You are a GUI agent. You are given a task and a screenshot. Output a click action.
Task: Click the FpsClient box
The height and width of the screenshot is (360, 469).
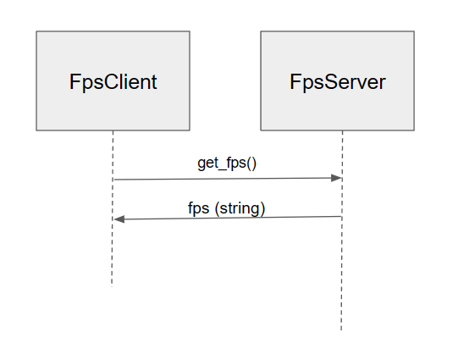[x=113, y=81]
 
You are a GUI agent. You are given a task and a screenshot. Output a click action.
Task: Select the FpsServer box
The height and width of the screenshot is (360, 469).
[x=337, y=81]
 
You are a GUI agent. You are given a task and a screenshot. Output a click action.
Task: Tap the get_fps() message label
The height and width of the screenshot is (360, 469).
[x=227, y=163]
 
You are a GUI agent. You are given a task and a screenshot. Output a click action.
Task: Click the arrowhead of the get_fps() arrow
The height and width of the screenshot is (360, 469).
[x=337, y=178]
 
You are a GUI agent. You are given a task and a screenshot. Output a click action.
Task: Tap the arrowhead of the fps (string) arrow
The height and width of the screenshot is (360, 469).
[x=119, y=219]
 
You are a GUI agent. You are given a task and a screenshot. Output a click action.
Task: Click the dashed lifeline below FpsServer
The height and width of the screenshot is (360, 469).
[x=342, y=271]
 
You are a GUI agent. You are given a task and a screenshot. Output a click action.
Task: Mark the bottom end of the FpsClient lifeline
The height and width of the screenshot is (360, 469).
[x=113, y=286]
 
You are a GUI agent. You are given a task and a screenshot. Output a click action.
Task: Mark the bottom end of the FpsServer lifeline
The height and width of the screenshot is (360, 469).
[x=342, y=330]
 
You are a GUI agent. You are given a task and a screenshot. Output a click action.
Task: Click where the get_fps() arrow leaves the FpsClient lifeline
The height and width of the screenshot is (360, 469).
[x=113, y=180]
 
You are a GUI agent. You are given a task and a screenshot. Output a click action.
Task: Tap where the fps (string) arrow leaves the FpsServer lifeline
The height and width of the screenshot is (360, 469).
[x=342, y=217]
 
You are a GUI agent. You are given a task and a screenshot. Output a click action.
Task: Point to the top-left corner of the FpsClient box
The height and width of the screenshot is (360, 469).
[x=36, y=32]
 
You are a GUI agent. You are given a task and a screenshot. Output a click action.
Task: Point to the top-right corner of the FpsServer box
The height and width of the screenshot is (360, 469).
[x=414, y=32]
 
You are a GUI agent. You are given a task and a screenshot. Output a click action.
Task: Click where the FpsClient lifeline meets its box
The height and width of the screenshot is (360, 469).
[x=113, y=131]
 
